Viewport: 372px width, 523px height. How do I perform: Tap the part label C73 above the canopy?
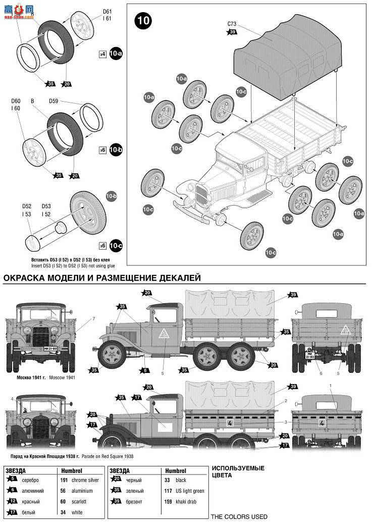click(232, 23)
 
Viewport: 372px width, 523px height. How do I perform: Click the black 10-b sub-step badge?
click(116, 150)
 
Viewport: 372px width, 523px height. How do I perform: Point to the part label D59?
click(54, 101)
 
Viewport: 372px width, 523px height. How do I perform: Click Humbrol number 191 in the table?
click(64, 480)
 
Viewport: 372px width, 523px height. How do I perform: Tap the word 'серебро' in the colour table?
click(30, 480)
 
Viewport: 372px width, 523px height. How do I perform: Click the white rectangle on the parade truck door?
click(165, 427)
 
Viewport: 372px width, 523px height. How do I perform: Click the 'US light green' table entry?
click(189, 491)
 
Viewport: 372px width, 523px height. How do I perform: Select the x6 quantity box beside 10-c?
click(102, 246)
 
